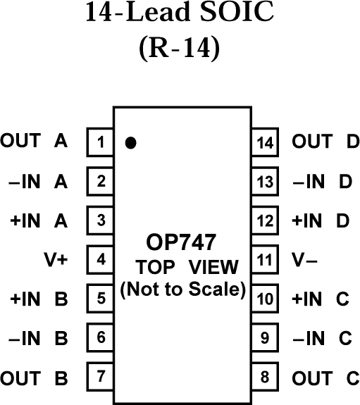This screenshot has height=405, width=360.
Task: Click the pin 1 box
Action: coord(101,142)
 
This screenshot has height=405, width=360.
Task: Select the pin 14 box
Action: coord(265,142)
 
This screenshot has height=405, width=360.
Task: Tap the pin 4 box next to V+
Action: coord(101,259)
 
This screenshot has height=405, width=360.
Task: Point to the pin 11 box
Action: coord(265,259)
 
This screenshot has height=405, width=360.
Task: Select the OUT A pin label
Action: coord(34,142)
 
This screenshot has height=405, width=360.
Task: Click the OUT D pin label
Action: coord(325,142)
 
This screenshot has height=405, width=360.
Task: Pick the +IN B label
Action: coord(39,299)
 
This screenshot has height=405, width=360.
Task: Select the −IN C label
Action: coord(321,338)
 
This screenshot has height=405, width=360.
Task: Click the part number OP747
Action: coord(182,243)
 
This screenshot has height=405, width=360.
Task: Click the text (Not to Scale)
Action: coord(182,289)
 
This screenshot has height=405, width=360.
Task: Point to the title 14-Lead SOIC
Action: coord(180,15)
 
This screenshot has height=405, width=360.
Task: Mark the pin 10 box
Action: coord(265,299)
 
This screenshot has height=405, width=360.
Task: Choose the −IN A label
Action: coord(39,181)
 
